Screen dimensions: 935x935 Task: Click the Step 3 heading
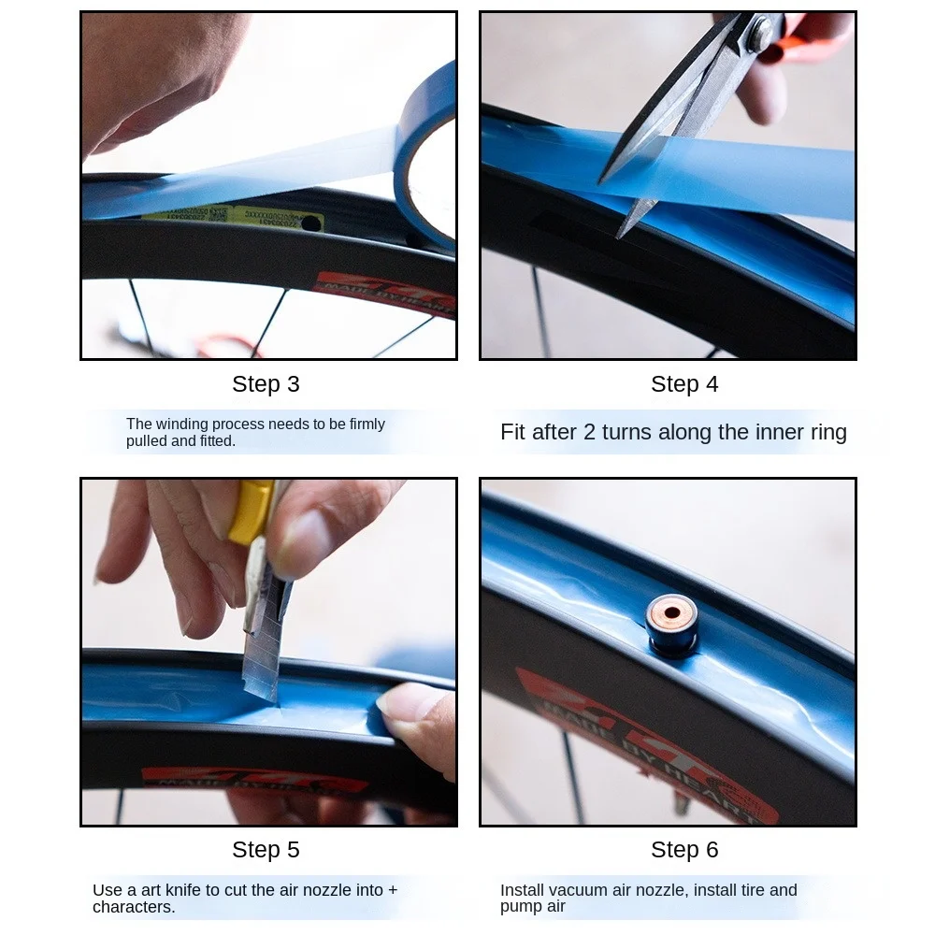pos(266,384)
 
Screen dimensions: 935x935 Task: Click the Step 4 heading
pos(684,384)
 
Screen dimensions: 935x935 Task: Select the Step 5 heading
pos(266,850)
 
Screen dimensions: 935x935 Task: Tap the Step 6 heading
pos(684,850)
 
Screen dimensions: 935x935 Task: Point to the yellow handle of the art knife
pos(251,511)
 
